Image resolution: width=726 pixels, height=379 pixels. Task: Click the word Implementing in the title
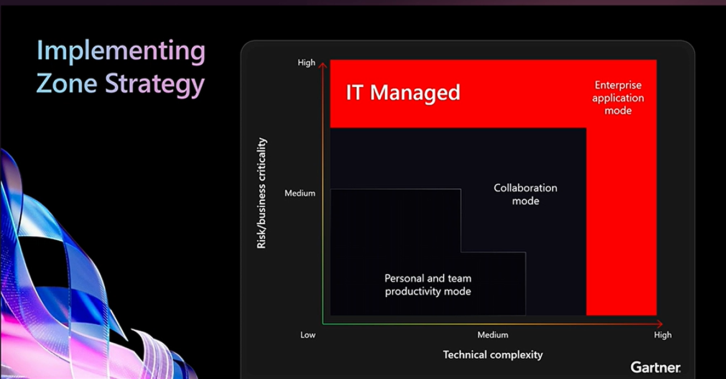121,51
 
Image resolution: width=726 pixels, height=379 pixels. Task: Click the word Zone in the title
67,83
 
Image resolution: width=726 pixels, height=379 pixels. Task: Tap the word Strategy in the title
155,84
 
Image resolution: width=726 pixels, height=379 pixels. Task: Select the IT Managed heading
403,93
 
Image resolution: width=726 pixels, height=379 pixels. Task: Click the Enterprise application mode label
618,98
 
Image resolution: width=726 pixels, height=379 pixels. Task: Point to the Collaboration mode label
525,194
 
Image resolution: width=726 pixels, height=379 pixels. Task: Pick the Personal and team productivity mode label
428,285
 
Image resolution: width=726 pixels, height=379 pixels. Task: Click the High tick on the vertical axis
306,63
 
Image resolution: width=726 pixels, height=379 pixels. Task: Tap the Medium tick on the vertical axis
300,193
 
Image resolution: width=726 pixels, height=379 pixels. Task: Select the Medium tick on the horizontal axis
493,335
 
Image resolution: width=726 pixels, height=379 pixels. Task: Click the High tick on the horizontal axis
663,335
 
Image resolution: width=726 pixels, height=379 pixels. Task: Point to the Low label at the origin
307,335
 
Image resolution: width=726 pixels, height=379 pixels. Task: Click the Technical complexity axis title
493,355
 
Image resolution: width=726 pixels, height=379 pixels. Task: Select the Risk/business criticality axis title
261,193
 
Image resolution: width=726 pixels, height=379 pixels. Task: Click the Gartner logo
655,367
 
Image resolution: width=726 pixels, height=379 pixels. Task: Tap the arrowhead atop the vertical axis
323,65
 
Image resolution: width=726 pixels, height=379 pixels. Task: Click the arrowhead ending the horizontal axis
660,324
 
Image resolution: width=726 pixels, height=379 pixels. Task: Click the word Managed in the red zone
415,93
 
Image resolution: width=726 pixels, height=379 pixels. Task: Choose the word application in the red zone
618,98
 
